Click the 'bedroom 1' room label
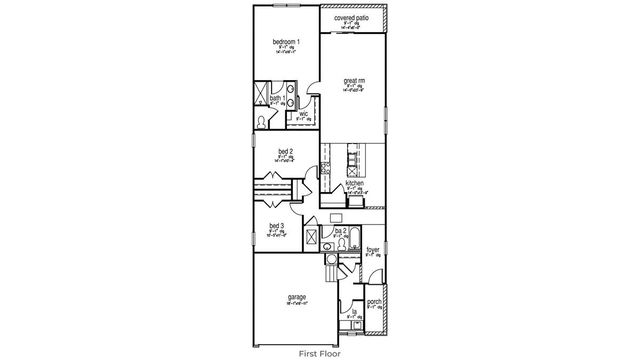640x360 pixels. click(x=285, y=41)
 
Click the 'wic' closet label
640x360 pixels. click(x=304, y=114)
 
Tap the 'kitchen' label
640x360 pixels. click(x=354, y=184)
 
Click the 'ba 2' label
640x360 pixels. click(x=341, y=231)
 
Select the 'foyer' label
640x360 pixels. click(x=372, y=250)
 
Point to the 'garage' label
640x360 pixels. click(x=297, y=297)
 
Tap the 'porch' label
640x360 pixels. click(x=374, y=302)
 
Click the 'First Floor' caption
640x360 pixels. click(x=320, y=353)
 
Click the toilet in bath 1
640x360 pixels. click(x=262, y=119)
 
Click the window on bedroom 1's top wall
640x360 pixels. click(x=285, y=9)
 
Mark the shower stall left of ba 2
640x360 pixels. click(x=310, y=239)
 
